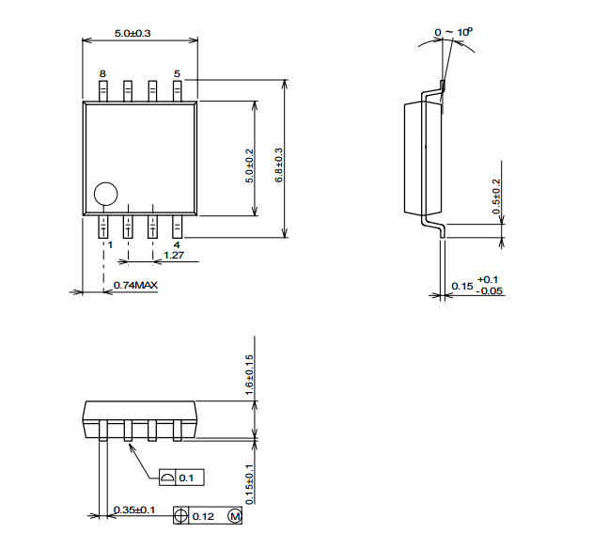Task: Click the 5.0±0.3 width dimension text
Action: [x=133, y=33]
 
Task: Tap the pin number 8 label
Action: [x=102, y=73]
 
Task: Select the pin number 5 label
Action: [x=177, y=73]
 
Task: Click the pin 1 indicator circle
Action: [x=105, y=194]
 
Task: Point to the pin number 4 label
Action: [x=177, y=244]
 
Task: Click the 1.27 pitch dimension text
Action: [x=174, y=256]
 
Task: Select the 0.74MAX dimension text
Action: [x=135, y=285]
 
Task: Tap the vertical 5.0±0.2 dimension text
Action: [x=250, y=166]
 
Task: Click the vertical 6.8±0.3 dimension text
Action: [x=279, y=165]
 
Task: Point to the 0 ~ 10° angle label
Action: [x=454, y=32]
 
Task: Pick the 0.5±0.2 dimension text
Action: [x=496, y=196]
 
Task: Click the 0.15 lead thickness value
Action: [x=462, y=287]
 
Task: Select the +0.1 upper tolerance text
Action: [x=488, y=279]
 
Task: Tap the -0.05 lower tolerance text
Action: [x=490, y=291]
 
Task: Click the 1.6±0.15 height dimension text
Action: [x=249, y=375]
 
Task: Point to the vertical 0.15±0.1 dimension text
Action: [x=249, y=484]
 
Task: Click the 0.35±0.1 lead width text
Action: [x=134, y=510]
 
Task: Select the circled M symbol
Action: [x=235, y=516]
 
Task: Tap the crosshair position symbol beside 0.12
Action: [x=180, y=516]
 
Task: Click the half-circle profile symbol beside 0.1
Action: [x=167, y=478]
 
